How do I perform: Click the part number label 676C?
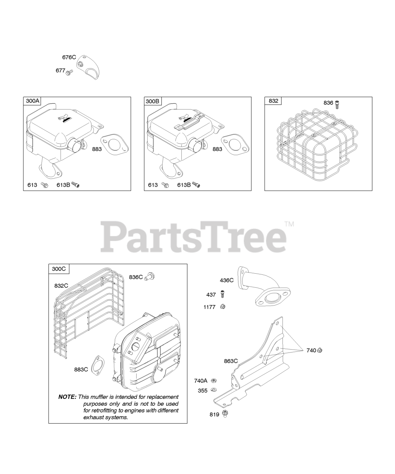pyautogui.click(x=69, y=57)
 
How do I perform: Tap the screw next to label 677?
pyautogui.click(x=69, y=72)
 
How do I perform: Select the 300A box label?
pyautogui.click(x=33, y=101)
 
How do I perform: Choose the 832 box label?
pyautogui.click(x=273, y=101)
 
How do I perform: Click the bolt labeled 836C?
pyautogui.click(x=150, y=276)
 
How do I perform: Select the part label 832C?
pyautogui.click(x=61, y=286)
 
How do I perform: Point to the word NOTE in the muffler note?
pyautogui.click(x=67, y=397)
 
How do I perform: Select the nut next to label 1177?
pyautogui.click(x=222, y=307)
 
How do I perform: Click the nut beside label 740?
pyautogui.click(x=320, y=350)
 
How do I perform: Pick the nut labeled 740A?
pyautogui.click(x=214, y=381)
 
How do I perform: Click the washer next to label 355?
pyautogui.click(x=214, y=390)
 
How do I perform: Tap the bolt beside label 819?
pyautogui.click(x=224, y=414)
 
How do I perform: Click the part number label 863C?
pyautogui.click(x=231, y=361)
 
